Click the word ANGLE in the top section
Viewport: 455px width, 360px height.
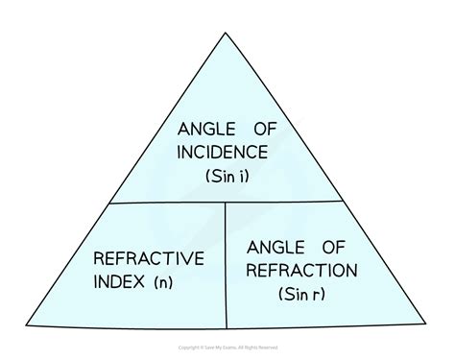click(199, 128)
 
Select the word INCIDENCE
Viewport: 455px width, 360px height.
click(226, 153)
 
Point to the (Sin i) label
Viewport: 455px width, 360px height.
click(227, 178)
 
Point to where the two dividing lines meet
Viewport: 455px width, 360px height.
click(227, 203)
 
